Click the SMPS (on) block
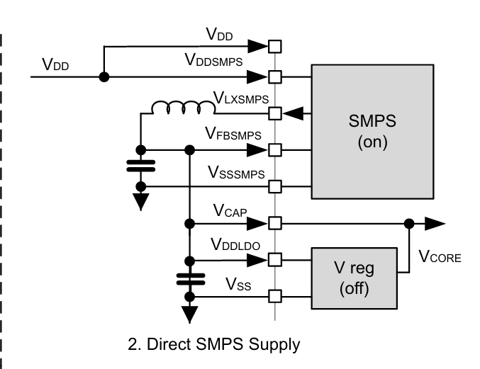coord(372,132)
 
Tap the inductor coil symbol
coord(184,107)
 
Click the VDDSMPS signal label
coord(214,61)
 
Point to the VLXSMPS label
coord(241,98)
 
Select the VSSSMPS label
coord(237,172)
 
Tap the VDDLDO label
coord(235,244)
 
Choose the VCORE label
coord(440,257)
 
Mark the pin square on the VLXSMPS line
coord(275,113)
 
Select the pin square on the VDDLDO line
coord(275,260)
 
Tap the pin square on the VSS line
coord(275,296)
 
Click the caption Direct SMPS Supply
coord(213,345)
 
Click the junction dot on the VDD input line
coord(104,76)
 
